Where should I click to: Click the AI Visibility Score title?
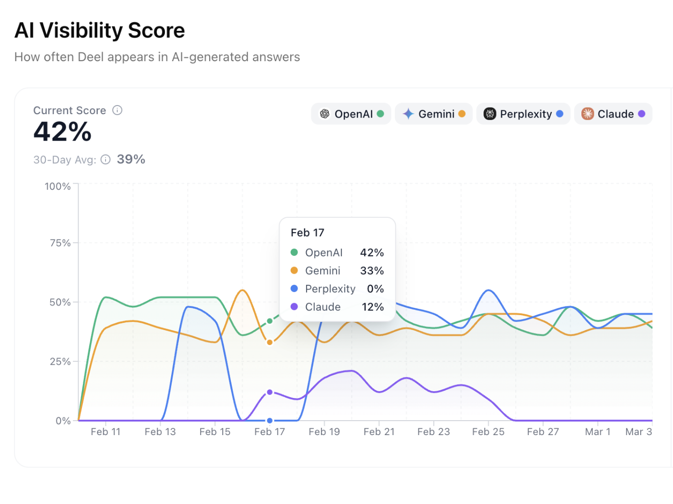[x=100, y=31]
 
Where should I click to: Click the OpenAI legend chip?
[x=351, y=114]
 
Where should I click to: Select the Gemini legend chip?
[x=433, y=114]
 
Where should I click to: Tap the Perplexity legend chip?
[x=523, y=114]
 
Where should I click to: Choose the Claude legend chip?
[x=613, y=114]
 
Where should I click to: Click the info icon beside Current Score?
[x=117, y=110]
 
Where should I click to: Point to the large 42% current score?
[x=63, y=132]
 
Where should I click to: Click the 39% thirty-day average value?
[x=131, y=159]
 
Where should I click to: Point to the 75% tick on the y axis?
[x=60, y=243]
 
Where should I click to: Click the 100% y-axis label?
[x=58, y=186]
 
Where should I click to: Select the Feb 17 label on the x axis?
[x=269, y=432]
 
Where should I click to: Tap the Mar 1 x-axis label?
[x=597, y=432]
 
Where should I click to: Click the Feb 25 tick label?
[x=488, y=432]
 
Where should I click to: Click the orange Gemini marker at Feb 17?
[x=270, y=343]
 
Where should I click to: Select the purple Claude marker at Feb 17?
[x=270, y=392]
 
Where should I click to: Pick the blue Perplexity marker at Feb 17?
[x=270, y=421]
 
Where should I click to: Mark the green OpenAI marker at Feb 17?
[x=270, y=321]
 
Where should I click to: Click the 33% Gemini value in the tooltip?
[x=372, y=271]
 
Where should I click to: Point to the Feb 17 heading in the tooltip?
[x=308, y=233]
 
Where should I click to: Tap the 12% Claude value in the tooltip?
[x=373, y=307]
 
